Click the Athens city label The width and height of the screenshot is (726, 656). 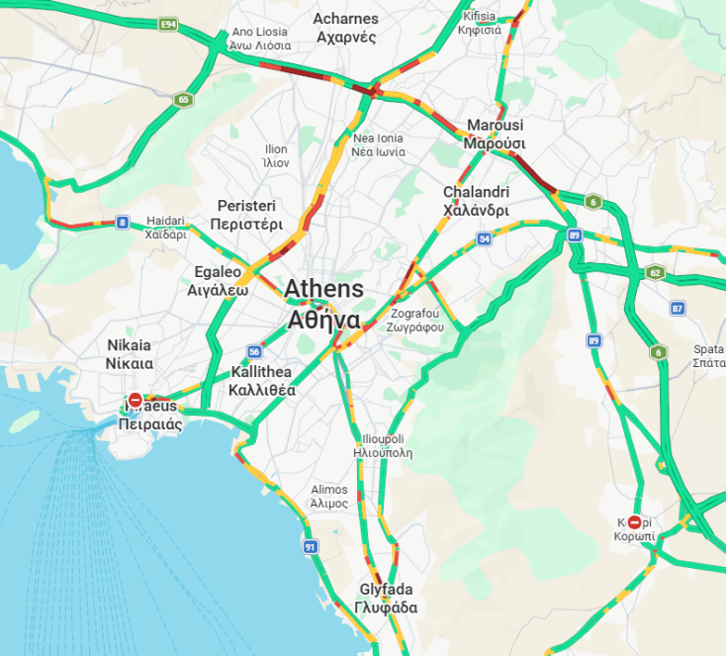coord(323,305)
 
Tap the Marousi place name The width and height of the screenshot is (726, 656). coord(495,134)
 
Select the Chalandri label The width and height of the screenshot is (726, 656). coord(476,201)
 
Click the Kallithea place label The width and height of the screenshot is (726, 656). coord(261,381)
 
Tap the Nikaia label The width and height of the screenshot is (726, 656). coord(130,354)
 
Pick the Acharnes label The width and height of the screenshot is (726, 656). coord(345,28)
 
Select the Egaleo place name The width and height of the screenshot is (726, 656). coord(217,281)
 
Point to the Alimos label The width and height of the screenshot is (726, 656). coord(329,496)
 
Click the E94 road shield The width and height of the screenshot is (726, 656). coord(168,23)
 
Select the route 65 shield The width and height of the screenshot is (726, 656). coord(183,99)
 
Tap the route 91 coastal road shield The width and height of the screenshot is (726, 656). coord(310,546)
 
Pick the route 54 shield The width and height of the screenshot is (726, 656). coord(484,238)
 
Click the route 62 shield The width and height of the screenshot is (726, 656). coord(655,272)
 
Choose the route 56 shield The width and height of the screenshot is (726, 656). coord(254,351)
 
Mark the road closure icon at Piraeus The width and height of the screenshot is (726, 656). coord(136,400)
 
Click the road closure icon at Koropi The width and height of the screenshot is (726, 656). coord(635,521)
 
